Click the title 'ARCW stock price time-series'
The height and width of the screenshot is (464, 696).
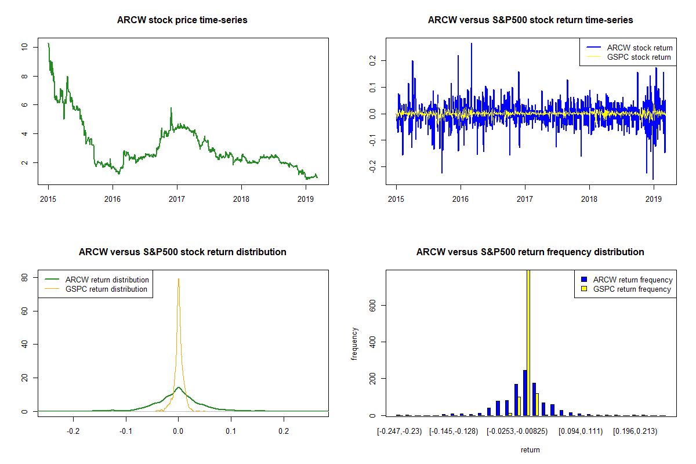tap(182, 20)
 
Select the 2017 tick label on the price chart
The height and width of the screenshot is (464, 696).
tap(176, 197)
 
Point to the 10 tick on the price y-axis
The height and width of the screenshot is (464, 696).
tap(24, 47)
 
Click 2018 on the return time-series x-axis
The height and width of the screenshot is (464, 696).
tap(589, 197)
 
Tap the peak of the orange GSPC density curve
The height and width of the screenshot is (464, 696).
tap(179, 279)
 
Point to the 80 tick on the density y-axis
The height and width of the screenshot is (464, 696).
tap(25, 278)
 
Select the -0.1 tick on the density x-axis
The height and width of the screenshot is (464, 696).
tap(126, 432)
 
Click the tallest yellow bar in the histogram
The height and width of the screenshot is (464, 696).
tap(528, 342)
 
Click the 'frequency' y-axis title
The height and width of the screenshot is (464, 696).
tap(355, 344)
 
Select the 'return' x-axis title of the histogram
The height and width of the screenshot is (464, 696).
tap(530, 449)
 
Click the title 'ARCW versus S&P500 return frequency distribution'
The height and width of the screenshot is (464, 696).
tap(530, 252)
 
